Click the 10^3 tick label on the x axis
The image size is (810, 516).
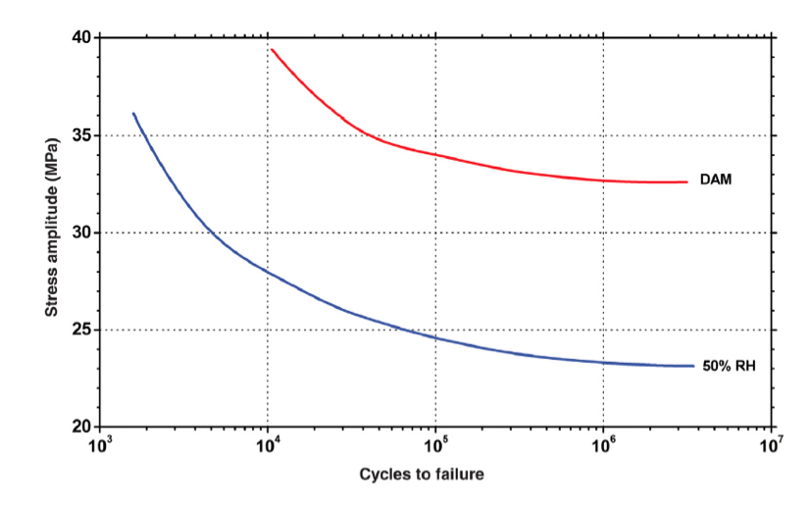pyautogui.click(x=99, y=447)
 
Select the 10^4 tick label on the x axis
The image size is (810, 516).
pyautogui.click(x=267, y=447)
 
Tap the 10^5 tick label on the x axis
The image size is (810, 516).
pyautogui.click(x=435, y=447)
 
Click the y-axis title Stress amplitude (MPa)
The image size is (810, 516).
pyautogui.click(x=50, y=232)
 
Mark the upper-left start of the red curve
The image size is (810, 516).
pyautogui.click(x=272, y=49)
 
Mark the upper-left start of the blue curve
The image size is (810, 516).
pyautogui.click(x=133, y=114)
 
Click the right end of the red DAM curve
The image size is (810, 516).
pyautogui.click(x=687, y=181)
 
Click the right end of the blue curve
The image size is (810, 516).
pyautogui.click(x=693, y=366)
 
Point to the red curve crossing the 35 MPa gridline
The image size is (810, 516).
pyautogui.click(x=365, y=134)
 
